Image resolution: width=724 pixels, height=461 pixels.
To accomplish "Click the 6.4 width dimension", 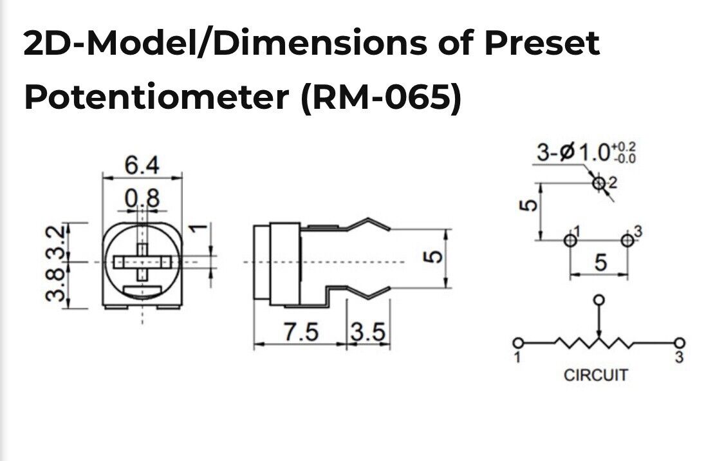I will pyautogui.click(x=142, y=166).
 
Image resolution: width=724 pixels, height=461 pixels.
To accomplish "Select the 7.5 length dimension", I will pyautogui.click(x=301, y=332).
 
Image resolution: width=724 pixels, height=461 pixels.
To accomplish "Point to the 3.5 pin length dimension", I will pyautogui.click(x=368, y=332).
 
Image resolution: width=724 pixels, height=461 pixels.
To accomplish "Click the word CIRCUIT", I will pyautogui.click(x=595, y=375).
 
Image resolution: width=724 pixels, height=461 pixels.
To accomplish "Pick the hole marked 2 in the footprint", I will pyautogui.click(x=599, y=183).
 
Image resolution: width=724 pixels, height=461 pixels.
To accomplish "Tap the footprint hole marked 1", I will pyautogui.click(x=570, y=240).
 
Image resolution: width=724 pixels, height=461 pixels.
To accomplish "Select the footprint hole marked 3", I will pyautogui.click(x=627, y=240).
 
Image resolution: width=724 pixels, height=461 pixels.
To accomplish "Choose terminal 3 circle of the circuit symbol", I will pyautogui.click(x=679, y=343).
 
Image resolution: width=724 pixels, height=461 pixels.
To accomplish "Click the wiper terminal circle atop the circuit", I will pyautogui.click(x=599, y=300).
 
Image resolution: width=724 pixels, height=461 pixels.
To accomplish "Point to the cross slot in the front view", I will pyautogui.click(x=142, y=261).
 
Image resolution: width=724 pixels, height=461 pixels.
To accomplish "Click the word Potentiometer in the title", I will pyautogui.click(x=158, y=97).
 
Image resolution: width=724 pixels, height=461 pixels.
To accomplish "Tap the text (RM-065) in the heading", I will pyautogui.click(x=381, y=97).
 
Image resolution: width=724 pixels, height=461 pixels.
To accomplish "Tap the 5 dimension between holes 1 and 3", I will pyautogui.click(x=600, y=263).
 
